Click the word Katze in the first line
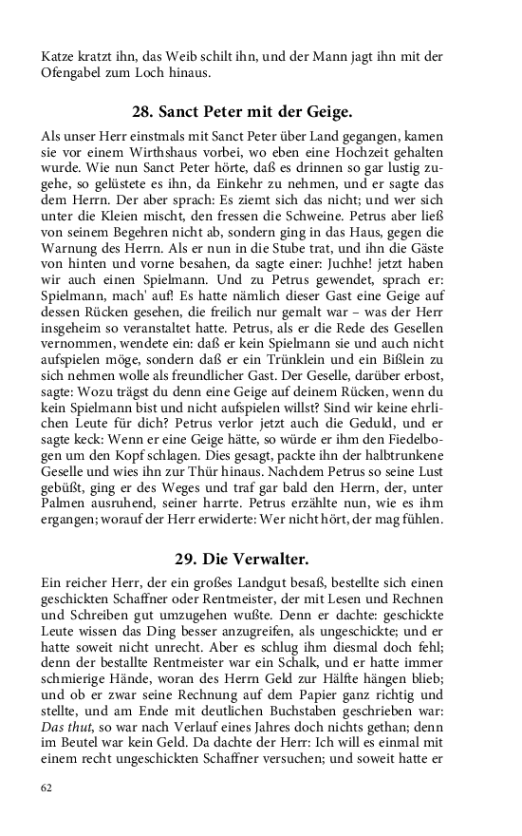(x=57, y=55)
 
